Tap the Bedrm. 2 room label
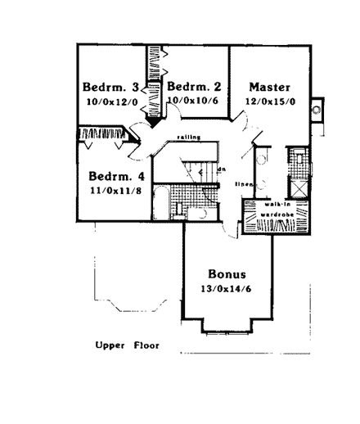[x=195, y=87]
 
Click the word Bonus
[x=227, y=274]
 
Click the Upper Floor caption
[x=127, y=345]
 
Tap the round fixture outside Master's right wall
[x=322, y=111]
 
